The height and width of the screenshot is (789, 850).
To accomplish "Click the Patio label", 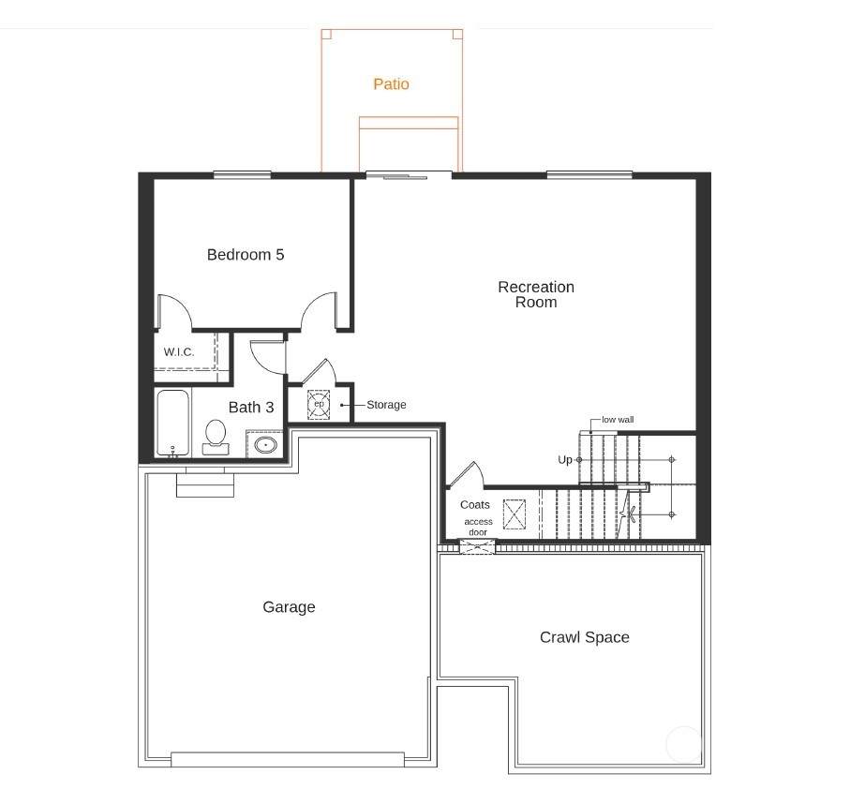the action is tap(391, 84).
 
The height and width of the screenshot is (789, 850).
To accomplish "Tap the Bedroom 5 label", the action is tap(246, 255).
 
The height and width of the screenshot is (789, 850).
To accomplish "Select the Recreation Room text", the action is tap(536, 294).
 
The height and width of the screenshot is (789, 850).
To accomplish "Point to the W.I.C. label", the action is tap(179, 352).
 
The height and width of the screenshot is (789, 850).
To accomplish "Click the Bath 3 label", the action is tap(251, 407).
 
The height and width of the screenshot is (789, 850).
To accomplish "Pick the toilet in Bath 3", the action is tap(216, 437).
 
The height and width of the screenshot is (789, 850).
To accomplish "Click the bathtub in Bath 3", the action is tap(173, 424).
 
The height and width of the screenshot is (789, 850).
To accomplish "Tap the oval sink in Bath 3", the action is tap(265, 445).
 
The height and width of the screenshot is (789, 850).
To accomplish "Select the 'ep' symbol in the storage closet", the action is tap(319, 404).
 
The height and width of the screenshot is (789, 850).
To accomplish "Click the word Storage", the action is tap(386, 405).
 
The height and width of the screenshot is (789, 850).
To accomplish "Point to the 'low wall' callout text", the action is tap(618, 420).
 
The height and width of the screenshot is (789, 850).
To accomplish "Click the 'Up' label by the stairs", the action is tap(565, 460).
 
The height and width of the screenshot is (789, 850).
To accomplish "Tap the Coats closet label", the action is tap(475, 504).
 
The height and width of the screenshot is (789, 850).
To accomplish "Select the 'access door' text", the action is tap(478, 527).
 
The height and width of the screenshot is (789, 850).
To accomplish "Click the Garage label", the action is tap(289, 607).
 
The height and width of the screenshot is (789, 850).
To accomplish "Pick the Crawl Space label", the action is tap(585, 637).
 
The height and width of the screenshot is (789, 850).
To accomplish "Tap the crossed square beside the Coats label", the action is tap(514, 514).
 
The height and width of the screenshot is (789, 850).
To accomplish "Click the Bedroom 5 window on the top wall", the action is tap(243, 175).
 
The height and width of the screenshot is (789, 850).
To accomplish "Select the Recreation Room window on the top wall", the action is tap(589, 175).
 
